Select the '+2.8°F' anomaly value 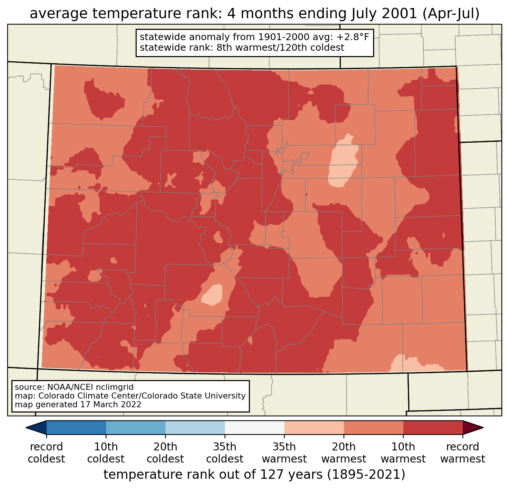(x=353, y=37)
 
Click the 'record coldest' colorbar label (x=46, y=453)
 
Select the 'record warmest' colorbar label (x=462, y=453)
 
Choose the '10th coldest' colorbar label (x=106, y=453)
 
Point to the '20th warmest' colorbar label (x=344, y=453)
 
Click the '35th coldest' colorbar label (x=225, y=453)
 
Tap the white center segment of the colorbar (x=254, y=428)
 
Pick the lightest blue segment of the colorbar (x=195, y=428)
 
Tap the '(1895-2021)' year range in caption (x=366, y=474)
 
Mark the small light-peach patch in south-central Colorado (x=212, y=294)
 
